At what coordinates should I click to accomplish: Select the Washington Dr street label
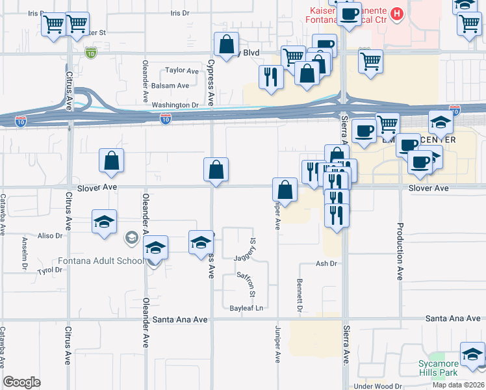[175, 105]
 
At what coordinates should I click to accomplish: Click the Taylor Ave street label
[182, 70]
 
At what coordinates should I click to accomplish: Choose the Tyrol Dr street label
[49, 270]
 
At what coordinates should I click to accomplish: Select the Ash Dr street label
[327, 263]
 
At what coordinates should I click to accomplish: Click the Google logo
[21, 382]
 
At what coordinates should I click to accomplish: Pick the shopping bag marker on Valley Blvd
[226, 45]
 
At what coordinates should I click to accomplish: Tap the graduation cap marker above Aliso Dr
[104, 222]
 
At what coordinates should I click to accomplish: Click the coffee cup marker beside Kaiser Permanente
[349, 14]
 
